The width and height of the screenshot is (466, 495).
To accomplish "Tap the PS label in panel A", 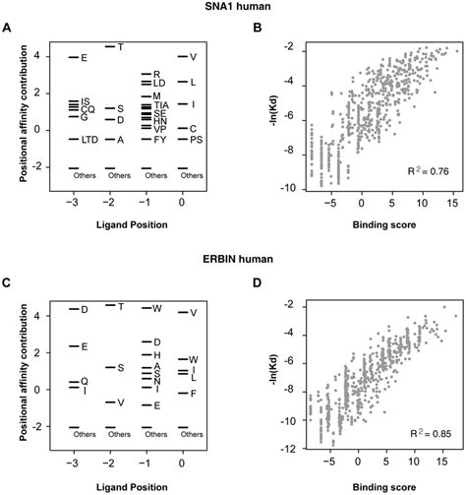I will [x=197, y=140].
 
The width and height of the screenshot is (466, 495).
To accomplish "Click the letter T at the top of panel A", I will [x=120, y=47].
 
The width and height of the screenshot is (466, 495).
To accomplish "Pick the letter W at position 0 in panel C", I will [x=194, y=359].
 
